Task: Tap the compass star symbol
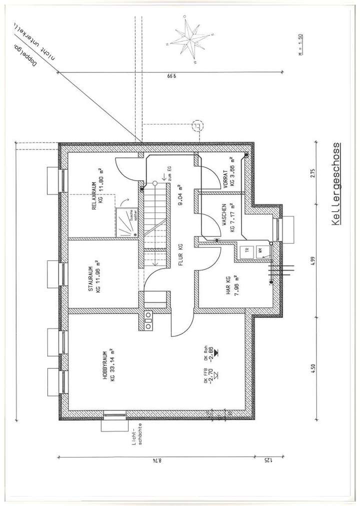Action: pos(189,41)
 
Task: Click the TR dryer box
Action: pos(245,251)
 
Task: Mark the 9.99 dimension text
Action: pos(171,77)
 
